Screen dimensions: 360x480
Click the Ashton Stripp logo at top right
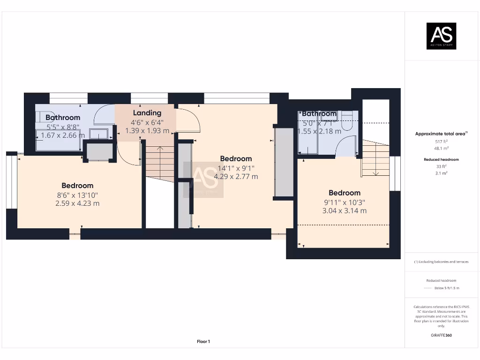point(441,36)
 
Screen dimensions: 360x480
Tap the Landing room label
point(147,113)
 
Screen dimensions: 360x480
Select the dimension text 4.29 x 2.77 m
point(236,177)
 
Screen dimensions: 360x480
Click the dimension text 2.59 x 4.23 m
point(77,203)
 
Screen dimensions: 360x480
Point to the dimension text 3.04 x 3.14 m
point(345,210)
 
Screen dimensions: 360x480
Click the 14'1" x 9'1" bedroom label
point(236,159)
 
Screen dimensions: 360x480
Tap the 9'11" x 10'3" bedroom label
point(345,193)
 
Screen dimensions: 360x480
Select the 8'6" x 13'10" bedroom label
point(77,186)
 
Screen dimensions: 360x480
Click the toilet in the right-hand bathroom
point(347,121)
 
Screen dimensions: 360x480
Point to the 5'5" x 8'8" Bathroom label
point(63,118)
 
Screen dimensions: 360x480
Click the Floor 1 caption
point(203,342)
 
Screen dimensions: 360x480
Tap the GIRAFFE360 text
point(441,335)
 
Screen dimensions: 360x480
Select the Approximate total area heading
point(441,134)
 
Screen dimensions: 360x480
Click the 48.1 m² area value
point(441,147)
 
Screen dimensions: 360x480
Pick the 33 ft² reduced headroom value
point(441,166)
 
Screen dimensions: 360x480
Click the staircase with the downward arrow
point(375,159)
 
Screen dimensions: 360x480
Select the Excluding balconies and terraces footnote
point(441,262)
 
